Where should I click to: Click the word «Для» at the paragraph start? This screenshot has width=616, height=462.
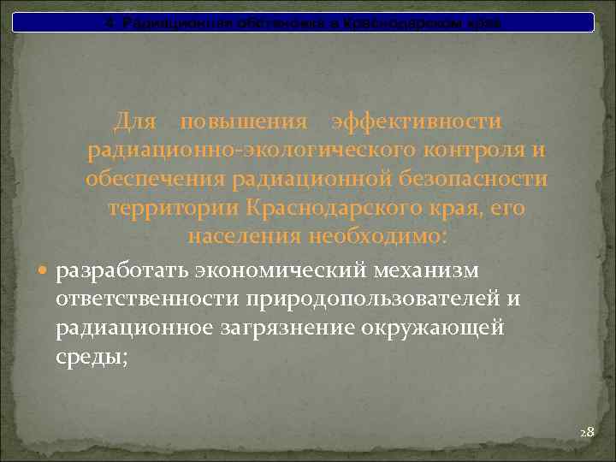click(134, 122)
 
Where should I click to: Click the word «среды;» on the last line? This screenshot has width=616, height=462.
click(92, 357)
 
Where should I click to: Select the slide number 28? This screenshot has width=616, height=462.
click(586, 433)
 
